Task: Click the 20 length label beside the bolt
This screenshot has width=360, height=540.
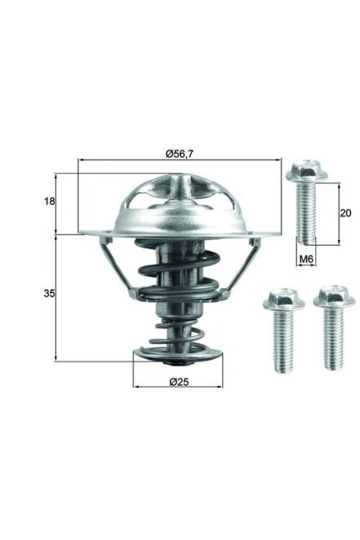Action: (x=346, y=212)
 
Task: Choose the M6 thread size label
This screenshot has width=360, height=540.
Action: (x=305, y=257)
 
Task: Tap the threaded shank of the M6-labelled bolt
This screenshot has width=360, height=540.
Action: (x=306, y=212)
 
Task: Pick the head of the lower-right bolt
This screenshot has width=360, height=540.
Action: (x=334, y=295)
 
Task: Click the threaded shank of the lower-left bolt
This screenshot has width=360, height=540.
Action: (x=282, y=342)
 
